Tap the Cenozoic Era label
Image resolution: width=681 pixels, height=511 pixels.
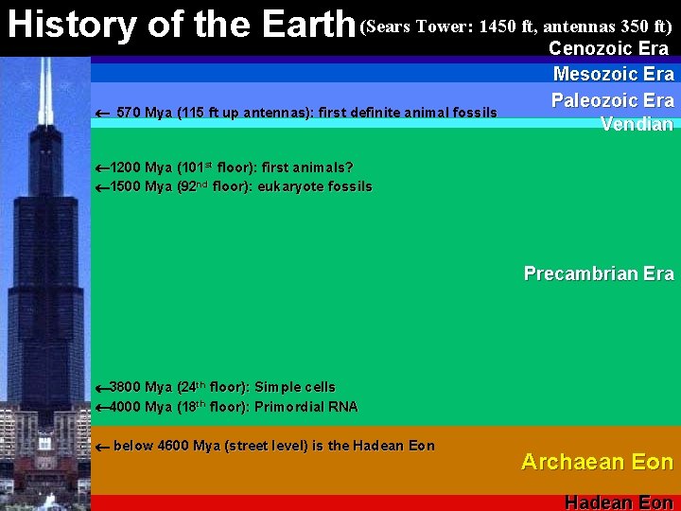[608, 48]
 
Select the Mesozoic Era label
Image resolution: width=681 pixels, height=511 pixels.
[613, 74]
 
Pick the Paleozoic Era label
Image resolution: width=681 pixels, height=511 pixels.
[612, 100]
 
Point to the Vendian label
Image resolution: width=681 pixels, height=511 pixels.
[637, 124]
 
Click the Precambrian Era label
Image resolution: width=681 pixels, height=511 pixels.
[599, 273]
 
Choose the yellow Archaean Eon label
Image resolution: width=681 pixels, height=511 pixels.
[597, 462]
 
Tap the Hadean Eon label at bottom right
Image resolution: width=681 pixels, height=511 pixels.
[619, 502]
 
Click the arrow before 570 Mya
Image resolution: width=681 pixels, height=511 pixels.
[103, 114]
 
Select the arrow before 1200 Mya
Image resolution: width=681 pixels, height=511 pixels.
[102, 168]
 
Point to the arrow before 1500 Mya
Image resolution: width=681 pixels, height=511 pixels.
[102, 187]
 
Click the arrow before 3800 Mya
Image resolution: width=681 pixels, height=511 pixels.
[102, 388]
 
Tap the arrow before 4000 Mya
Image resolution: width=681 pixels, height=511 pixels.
[102, 408]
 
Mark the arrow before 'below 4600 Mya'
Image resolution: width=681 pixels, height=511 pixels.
[103, 446]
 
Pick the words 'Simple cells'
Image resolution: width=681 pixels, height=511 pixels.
[295, 388]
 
